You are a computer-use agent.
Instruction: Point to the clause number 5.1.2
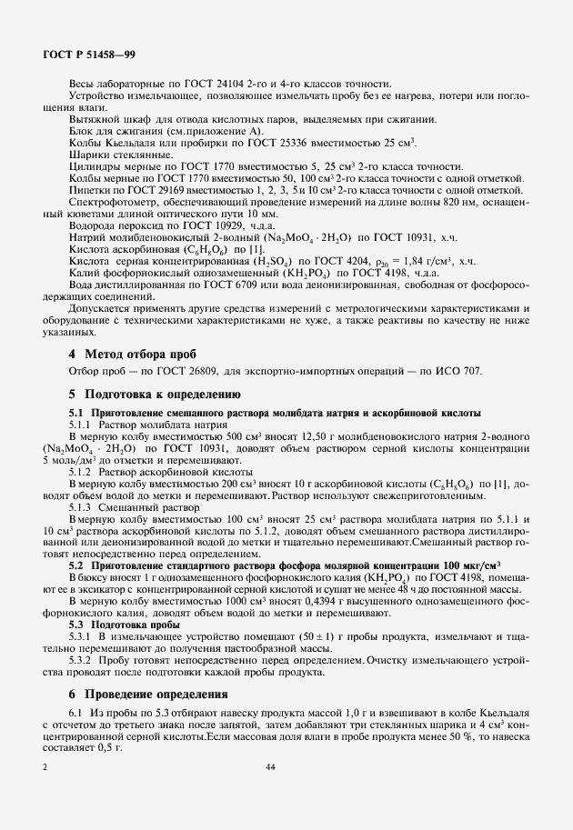tap(85, 473)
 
